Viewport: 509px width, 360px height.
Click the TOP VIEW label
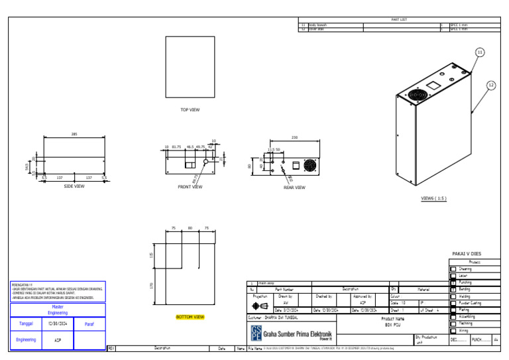190,110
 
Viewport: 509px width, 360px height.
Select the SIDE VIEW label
74,186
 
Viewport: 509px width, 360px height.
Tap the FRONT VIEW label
190,187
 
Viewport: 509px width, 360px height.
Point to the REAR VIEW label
294,188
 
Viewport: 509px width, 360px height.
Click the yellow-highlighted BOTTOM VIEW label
190,317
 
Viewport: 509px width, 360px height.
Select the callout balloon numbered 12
490,85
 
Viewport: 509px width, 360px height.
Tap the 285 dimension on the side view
74,134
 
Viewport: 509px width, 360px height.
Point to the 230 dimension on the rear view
294,137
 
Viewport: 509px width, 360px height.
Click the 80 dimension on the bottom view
190,227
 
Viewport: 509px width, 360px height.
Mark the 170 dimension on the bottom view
152,285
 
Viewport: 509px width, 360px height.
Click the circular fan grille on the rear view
310,166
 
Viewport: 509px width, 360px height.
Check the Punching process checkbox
453,282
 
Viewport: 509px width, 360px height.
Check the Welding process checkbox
453,296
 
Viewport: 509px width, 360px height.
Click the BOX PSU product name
394,324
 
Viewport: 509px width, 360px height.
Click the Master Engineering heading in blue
57,310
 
